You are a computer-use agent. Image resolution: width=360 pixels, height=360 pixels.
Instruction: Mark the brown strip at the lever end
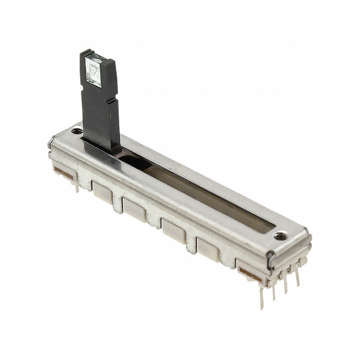coord(63,173)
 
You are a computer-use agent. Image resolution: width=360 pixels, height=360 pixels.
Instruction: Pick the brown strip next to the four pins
coord(250,273)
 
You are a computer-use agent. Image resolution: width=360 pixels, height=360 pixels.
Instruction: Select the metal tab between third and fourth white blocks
coord(192,243)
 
